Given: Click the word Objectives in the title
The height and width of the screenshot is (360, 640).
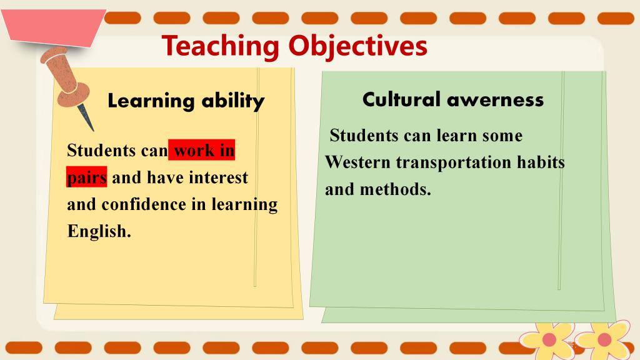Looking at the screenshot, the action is pyautogui.click(x=358, y=46).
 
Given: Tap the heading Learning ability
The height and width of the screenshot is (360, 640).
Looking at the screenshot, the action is pyautogui.click(x=186, y=101).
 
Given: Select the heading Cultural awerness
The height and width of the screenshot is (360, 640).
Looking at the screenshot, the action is pyautogui.click(x=453, y=99).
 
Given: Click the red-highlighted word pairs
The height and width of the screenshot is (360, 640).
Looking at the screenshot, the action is pyautogui.click(x=86, y=177).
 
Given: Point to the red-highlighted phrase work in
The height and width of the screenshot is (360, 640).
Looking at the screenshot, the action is pyautogui.click(x=202, y=150).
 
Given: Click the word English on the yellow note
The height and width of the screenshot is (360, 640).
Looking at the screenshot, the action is pyautogui.click(x=99, y=231).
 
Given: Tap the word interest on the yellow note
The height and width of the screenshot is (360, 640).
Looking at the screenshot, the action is pyautogui.click(x=218, y=177).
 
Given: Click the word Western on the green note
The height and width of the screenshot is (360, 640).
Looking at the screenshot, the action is pyautogui.click(x=357, y=162).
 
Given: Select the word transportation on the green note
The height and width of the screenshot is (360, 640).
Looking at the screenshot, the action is pyautogui.click(x=454, y=163).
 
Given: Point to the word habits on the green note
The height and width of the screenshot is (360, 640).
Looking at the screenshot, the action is pyautogui.click(x=541, y=162).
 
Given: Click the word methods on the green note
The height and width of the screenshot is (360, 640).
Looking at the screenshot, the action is pyautogui.click(x=395, y=189).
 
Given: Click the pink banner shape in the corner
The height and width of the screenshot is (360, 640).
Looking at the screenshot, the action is pyautogui.click(x=54, y=27).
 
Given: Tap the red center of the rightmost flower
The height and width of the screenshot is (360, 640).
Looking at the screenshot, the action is pyautogui.click(x=604, y=339).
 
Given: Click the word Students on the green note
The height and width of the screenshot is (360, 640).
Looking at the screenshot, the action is pyautogui.click(x=364, y=136).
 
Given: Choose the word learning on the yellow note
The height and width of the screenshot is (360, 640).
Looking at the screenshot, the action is pyautogui.click(x=244, y=205).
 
